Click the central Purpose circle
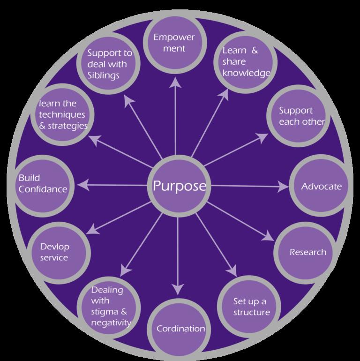pyautogui.click(x=179, y=186)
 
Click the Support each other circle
pyautogui.click(x=296, y=115)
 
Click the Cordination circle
pyautogui.click(x=180, y=329)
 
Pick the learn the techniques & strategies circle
pyautogui.click(x=60, y=114)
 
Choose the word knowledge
pyautogui.click(x=247, y=73)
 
